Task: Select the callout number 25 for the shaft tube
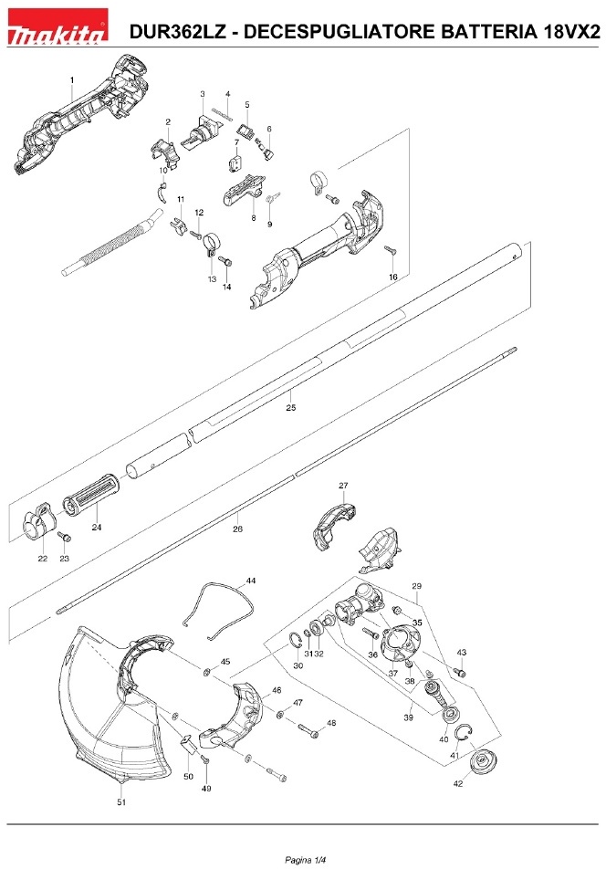[291, 407]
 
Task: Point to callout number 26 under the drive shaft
[237, 529]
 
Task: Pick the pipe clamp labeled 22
[38, 528]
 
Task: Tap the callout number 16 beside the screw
[392, 277]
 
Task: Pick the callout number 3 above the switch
[202, 94]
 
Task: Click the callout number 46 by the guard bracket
[277, 692]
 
